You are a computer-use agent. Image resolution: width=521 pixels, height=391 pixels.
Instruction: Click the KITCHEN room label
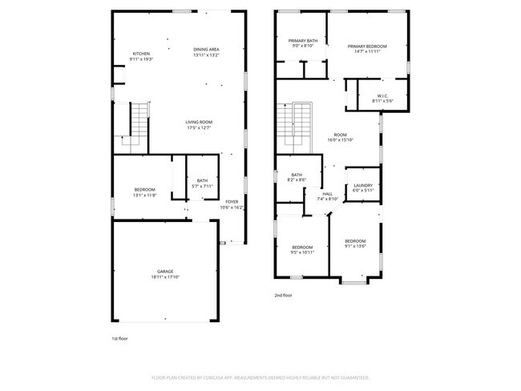pos(142,54)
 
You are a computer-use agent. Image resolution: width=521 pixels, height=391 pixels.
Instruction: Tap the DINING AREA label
pos(206,50)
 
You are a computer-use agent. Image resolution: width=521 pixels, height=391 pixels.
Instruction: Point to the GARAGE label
pos(165,272)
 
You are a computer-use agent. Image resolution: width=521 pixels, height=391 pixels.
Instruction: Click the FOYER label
pos(232,202)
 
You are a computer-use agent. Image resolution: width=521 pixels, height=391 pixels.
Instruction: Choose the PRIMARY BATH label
pos(303,41)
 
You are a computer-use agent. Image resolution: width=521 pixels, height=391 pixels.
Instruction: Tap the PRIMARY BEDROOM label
pos(367,46)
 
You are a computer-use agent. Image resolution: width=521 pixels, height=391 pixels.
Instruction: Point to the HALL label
pos(328,193)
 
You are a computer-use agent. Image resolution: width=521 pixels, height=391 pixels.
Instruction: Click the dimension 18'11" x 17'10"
pos(165,277)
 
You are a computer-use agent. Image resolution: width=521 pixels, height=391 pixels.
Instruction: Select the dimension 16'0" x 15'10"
pos(341,139)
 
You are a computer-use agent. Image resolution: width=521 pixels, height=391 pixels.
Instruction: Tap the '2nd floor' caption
pos(284,296)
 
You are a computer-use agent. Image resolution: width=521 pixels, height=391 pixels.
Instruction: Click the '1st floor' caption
pos(119,338)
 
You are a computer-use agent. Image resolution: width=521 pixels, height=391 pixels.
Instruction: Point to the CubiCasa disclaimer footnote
pos(260,377)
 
